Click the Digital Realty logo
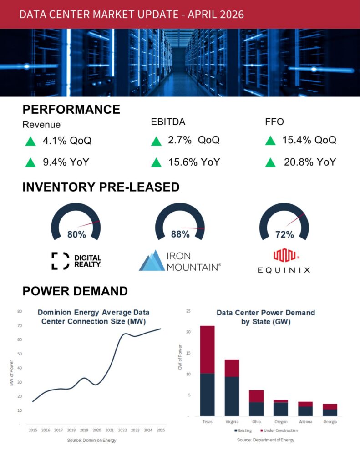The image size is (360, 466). coord(76,260)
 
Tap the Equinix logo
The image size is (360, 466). coord(284,261)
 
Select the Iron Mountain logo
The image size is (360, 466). coord(180,261)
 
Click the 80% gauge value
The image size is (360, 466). coord(76,235)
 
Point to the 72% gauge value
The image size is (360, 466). coord(284,235)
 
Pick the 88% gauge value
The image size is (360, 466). coord(180,235)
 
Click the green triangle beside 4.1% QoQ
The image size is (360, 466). coord(30,142)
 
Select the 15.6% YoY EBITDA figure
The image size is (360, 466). coord(191,162)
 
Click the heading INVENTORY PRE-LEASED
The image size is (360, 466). coord(101,187)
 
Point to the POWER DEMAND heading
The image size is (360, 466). coord(75,291)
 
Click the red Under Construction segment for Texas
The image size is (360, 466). coord(207,349)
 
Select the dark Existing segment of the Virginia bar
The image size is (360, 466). coord(232,396)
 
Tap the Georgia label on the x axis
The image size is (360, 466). coord(330,422)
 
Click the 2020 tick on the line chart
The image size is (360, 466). coord(96,430)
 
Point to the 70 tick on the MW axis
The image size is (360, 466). coord(20,326)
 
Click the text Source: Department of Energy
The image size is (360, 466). coord(265,440)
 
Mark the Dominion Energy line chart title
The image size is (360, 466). coord(93,317)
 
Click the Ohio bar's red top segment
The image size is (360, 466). coord(256,396)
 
